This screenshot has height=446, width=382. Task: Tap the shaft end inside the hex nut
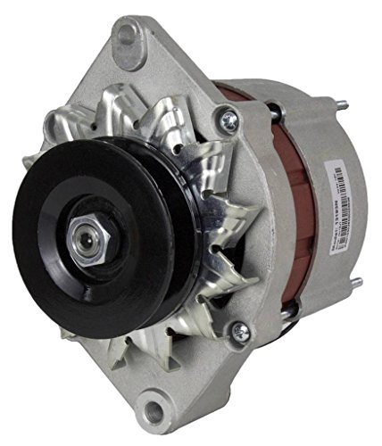[x=87, y=247]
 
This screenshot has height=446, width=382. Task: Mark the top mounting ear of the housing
[x=134, y=45]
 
